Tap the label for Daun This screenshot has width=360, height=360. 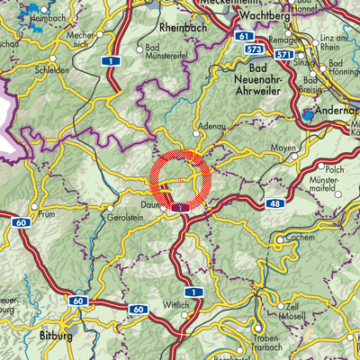coord(148,205)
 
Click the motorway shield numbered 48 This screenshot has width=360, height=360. coord(272,206)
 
